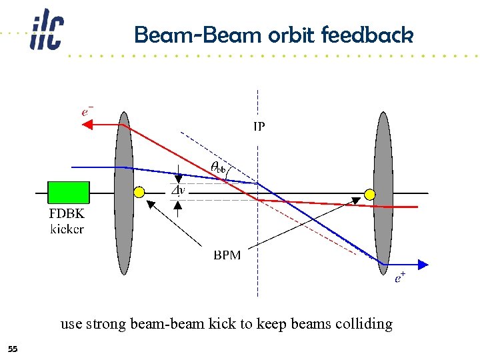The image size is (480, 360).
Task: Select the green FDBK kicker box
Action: [69, 192]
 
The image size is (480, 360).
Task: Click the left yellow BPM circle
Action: [139, 193]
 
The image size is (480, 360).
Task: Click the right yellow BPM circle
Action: [369, 195]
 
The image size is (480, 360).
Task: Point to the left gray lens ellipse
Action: [124, 193]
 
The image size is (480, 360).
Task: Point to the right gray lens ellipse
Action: [383, 197]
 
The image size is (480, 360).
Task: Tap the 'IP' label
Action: [258, 125]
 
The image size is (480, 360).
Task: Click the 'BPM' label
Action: [227, 255]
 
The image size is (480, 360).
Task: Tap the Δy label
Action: [178, 191]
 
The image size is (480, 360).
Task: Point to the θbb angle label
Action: [218, 167]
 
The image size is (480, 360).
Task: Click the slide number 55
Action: [13, 349]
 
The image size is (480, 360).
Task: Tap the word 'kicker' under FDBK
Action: [67, 229]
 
